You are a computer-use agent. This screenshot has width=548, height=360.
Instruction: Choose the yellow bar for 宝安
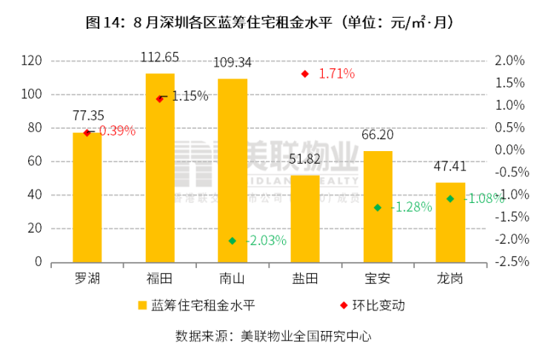[x=378, y=207]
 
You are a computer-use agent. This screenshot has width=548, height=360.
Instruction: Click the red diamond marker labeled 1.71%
[x=304, y=74]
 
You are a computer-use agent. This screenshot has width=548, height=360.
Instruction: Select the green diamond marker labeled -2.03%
[x=233, y=241]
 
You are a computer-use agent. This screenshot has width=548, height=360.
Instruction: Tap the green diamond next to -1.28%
[x=378, y=207]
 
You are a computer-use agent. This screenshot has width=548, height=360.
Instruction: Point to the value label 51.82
[x=305, y=159]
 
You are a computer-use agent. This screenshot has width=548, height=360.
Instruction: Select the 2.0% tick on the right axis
[x=508, y=60]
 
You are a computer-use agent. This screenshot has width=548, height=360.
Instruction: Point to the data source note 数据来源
[x=273, y=336]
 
